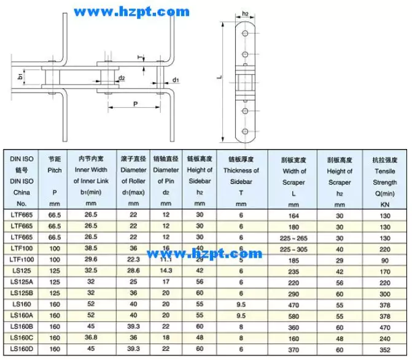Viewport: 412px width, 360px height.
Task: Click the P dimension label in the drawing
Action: coord(134,105)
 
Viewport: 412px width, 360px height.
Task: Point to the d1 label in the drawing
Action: coord(176,80)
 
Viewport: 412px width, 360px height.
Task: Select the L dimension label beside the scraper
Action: coord(220,77)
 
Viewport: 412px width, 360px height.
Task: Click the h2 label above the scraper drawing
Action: coord(246,13)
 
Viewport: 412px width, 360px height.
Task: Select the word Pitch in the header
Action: coord(54,169)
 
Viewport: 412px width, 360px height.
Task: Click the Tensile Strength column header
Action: coord(385,177)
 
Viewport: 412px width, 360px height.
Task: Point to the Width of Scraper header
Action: coord(294,177)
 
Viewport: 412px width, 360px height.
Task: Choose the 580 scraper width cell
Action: coord(294,316)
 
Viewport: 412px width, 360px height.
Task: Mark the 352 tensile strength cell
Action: coord(385,349)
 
